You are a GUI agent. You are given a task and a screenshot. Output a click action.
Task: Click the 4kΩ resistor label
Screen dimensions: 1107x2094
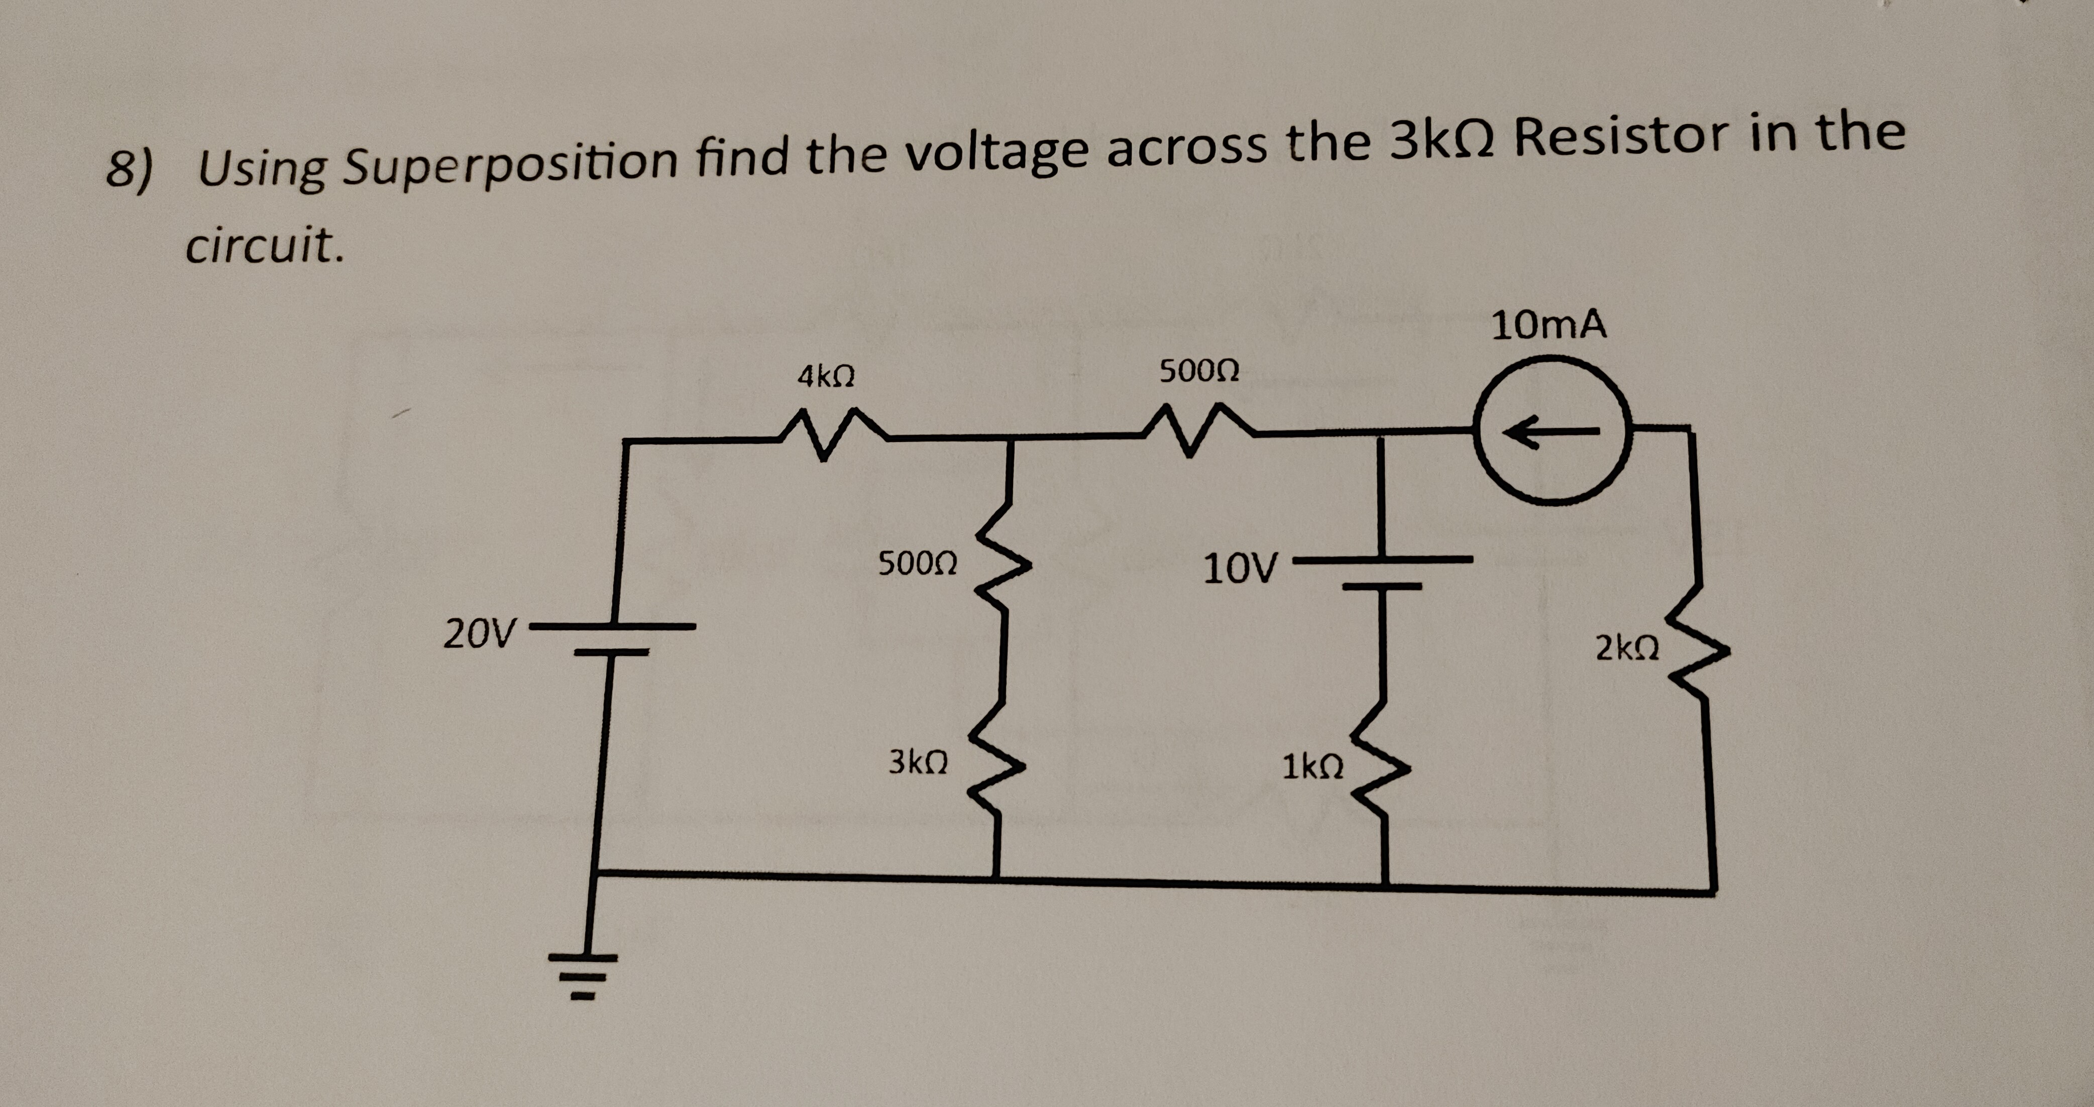825,376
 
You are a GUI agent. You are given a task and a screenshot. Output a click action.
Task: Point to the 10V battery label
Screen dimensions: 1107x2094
1241,569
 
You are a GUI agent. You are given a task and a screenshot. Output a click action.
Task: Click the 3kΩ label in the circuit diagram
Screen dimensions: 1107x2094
918,762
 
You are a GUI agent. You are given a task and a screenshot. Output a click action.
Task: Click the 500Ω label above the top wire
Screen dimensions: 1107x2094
1199,372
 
